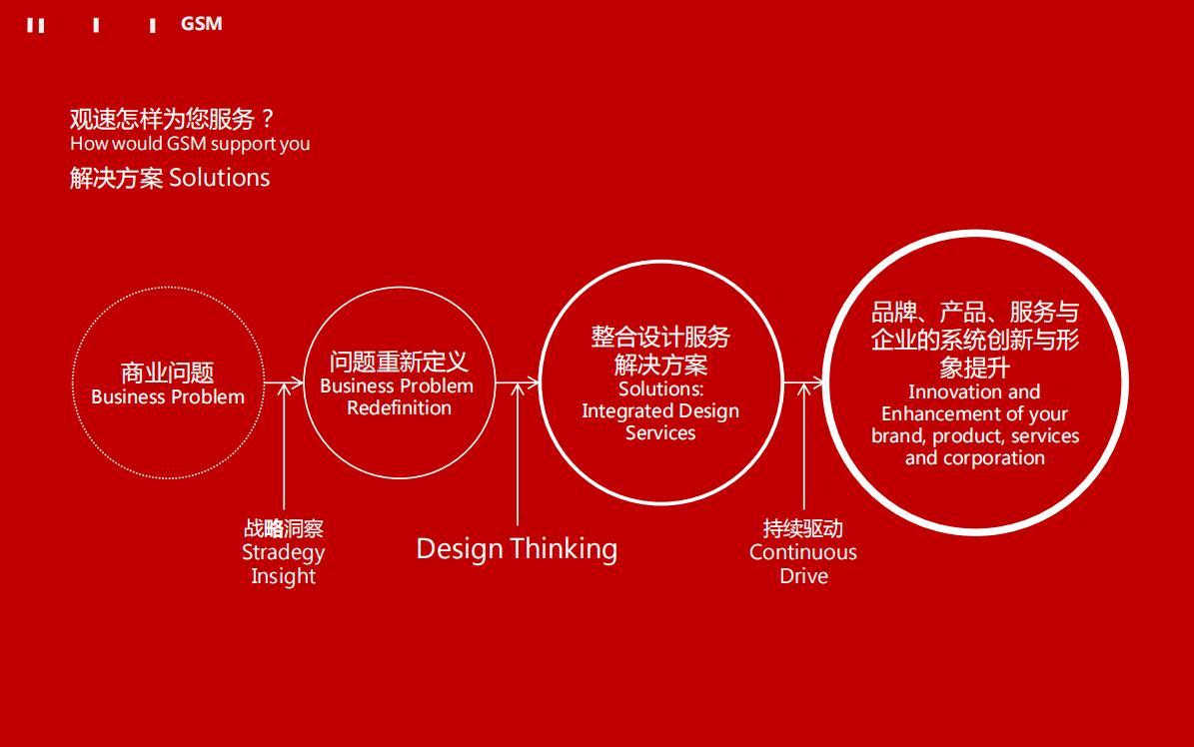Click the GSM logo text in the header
(x=201, y=24)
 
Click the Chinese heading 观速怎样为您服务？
(x=172, y=119)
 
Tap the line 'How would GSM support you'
(x=190, y=144)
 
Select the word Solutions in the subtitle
(x=219, y=178)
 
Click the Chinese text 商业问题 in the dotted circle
(x=168, y=373)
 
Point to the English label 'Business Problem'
(x=168, y=396)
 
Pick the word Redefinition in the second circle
(x=399, y=408)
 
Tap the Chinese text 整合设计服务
(x=660, y=336)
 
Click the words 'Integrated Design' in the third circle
(x=660, y=411)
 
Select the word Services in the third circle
(x=660, y=433)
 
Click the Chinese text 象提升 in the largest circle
(x=975, y=368)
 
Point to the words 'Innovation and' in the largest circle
(x=974, y=392)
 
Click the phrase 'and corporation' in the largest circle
(x=975, y=458)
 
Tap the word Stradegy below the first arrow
(x=284, y=553)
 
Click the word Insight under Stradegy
(x=284, y=576)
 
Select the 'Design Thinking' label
(x=517, y=549)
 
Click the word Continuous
(x=802, y=552)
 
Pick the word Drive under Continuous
(x=803, y=575)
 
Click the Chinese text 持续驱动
(x=802, y=528)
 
